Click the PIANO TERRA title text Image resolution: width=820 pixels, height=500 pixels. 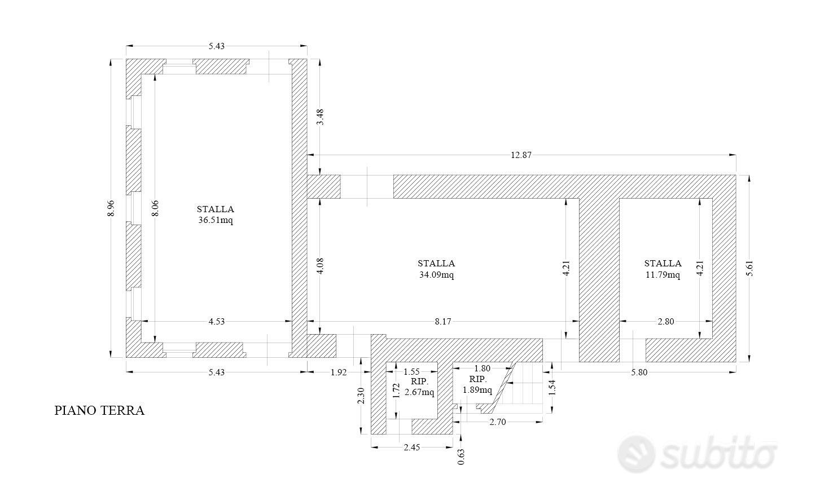99,411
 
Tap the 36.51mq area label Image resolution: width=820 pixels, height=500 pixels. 216,220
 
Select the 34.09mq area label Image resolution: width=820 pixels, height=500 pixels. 436,274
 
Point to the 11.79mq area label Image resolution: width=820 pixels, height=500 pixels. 663,274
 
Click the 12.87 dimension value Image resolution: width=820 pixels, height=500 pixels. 521,155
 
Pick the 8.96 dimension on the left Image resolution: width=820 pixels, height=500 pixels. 111,208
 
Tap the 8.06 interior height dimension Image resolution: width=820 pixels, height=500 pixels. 155,208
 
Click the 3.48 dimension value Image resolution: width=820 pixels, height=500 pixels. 321,117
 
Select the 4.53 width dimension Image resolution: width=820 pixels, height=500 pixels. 216,322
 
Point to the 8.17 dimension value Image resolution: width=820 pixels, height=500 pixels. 443,322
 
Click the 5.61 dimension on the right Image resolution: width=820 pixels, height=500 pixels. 749,268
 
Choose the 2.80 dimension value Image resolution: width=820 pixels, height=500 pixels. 666,322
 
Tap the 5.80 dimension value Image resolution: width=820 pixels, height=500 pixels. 639,372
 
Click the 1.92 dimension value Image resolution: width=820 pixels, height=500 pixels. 339,372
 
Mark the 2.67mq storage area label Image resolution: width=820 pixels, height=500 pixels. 419,392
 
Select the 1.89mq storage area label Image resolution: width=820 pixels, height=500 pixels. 477,390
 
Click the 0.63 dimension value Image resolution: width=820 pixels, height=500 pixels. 461,457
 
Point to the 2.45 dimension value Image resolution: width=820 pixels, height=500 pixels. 412,448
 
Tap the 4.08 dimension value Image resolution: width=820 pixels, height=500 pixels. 321,266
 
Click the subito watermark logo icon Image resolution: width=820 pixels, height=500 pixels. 636,454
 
